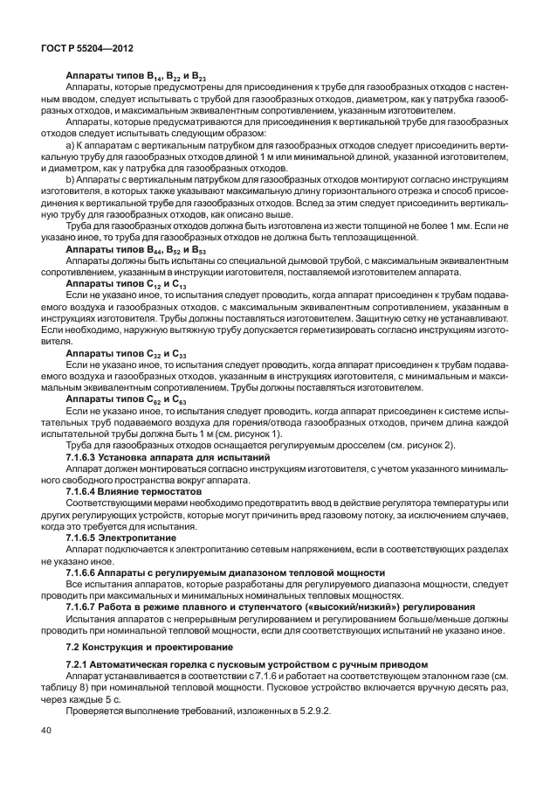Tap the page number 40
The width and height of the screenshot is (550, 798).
tap(45, 754)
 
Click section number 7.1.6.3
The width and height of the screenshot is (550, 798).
tap(85, 457)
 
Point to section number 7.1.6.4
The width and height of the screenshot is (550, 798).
tap(85, 492)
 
